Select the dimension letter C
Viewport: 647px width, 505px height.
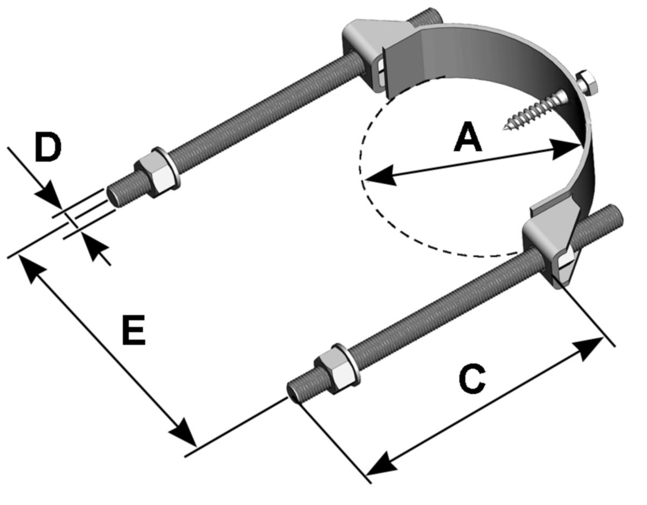point(472,379)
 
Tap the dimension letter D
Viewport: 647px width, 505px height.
point(47,148)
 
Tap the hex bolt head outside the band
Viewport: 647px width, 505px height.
point(587,84)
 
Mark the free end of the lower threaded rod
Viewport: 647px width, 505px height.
point(293,390)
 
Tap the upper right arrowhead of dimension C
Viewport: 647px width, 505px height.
point(593,344)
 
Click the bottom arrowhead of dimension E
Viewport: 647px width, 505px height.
point(182,432)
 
